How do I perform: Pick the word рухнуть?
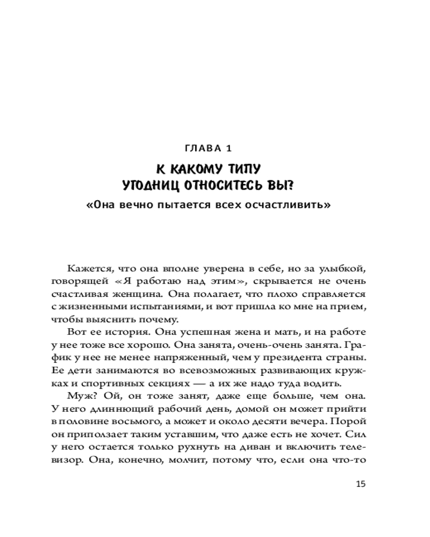click(x=195, y=449)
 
